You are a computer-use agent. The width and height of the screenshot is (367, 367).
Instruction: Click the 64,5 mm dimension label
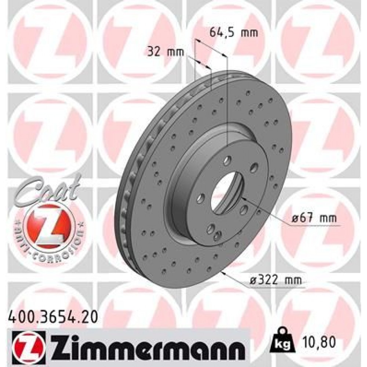[233, 32]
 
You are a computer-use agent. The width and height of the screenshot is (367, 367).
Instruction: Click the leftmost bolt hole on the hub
[200, 199]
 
